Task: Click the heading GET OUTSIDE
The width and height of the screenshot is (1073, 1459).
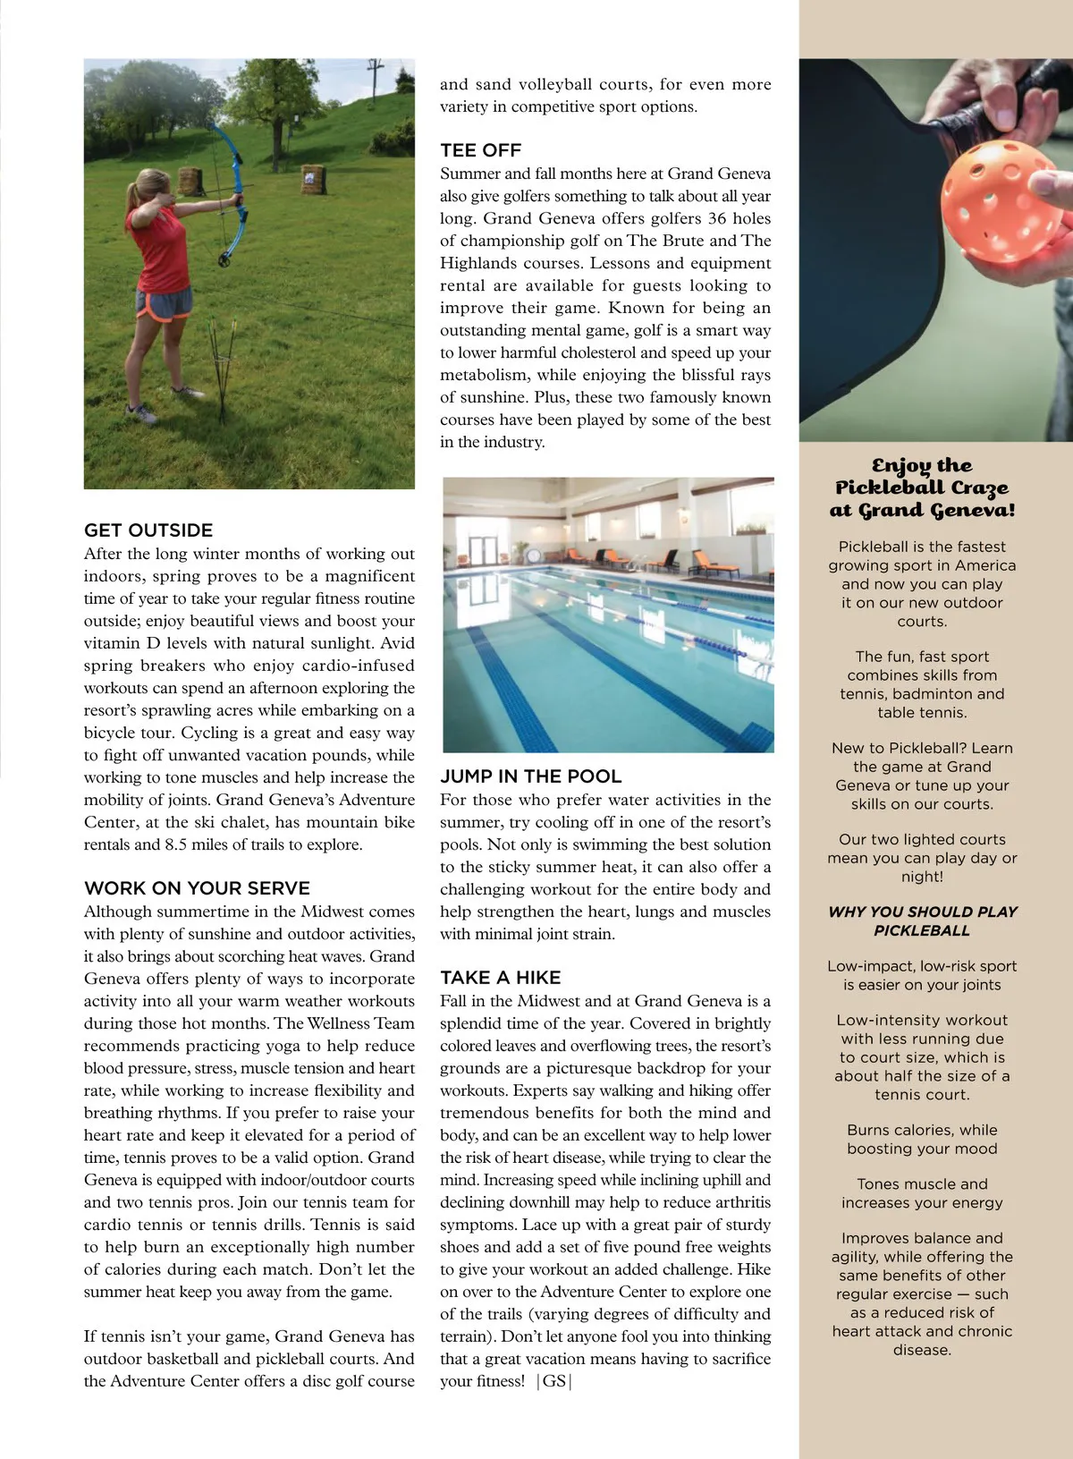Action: coord(148,530)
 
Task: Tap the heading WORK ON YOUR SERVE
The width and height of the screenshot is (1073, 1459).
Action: coord(197,888)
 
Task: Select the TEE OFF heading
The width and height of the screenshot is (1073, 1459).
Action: coord(480,150)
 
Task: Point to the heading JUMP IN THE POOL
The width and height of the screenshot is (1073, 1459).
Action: coord(530,776)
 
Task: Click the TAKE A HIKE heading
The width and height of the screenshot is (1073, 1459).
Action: coord(500,978)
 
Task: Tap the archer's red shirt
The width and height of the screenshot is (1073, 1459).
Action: coord(158,246)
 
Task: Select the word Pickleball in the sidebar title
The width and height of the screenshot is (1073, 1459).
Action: coord(891,488)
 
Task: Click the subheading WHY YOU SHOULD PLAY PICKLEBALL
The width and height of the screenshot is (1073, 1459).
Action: coord(922,920)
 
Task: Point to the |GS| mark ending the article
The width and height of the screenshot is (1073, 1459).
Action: coord(554,1381)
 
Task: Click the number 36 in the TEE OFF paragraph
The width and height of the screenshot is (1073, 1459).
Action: coord(714,218)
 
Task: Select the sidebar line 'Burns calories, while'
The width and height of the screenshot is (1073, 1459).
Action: coord(922,1130)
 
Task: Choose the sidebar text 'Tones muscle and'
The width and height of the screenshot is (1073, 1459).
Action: coord(922,1183)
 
